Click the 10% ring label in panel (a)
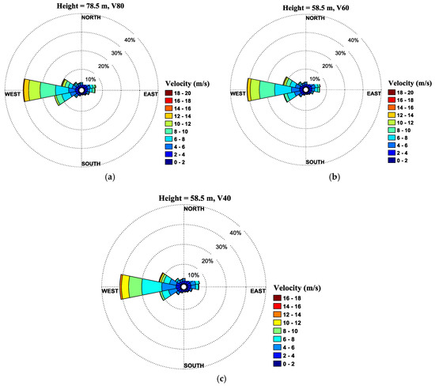[89, 79]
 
